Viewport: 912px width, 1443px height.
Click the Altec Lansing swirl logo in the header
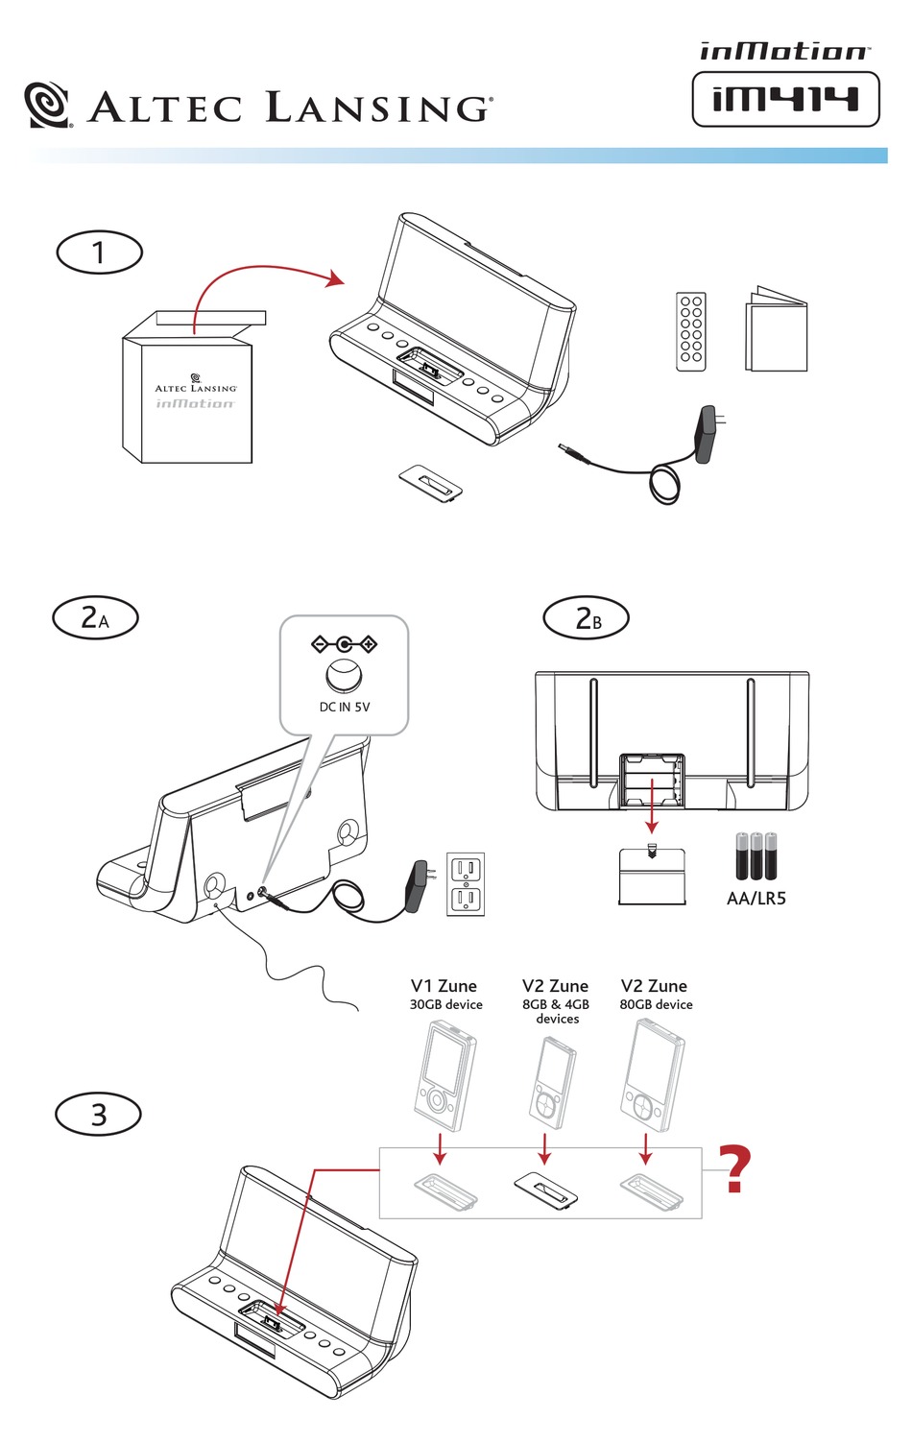click(47, 106)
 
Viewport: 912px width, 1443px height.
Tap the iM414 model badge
click(785, 100)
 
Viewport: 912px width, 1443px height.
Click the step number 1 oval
click(99, 253)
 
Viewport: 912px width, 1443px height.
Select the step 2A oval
click(95, 617)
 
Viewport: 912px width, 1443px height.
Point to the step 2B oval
click(587, 618)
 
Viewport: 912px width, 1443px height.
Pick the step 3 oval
click(99, 1115)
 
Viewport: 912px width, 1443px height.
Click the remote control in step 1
click(691, 332)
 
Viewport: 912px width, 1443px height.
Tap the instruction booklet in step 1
click(777, 332)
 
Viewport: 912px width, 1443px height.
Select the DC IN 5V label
click(345, 708)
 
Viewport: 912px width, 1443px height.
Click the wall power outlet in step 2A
click(466, 884)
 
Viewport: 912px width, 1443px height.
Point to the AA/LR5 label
click(756, 899)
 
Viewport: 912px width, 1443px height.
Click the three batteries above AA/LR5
click(756, 855)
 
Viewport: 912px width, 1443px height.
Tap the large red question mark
click(735, 1168)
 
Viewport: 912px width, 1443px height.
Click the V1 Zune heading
click(444, 986)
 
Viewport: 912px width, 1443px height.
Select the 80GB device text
click(656, 1005)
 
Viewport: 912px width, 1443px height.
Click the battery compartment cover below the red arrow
click(653, 876)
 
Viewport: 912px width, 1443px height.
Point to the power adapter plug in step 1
click(711, 434)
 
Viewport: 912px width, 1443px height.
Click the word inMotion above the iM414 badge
click(783, 51)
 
